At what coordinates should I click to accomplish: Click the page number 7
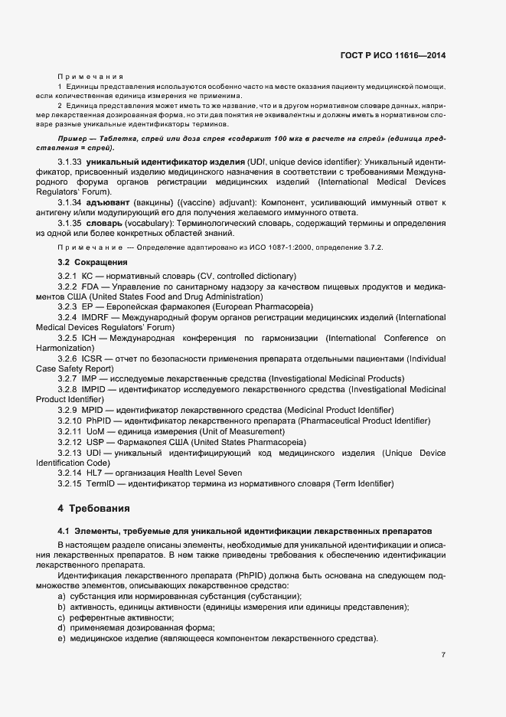pos(444,654)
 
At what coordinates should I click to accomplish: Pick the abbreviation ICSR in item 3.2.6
pos(95,358)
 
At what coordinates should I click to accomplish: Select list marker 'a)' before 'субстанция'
pos(61,596)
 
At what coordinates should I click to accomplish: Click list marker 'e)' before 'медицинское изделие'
pos(61,638)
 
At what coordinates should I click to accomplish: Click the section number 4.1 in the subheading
pos(64,530)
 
